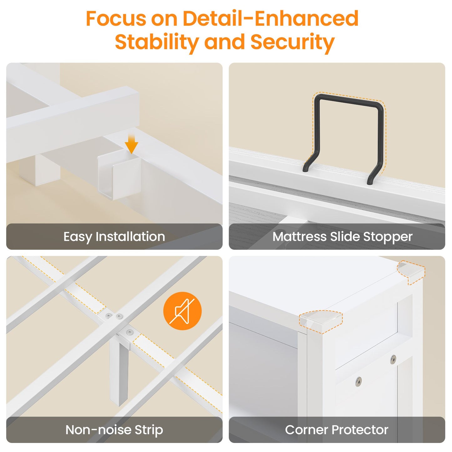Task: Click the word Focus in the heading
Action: click(x=116, y=18)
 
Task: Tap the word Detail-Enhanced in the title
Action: click(x=271, y=18)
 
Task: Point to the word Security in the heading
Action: click(x=292, y=42)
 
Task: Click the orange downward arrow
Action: click(x=131, y=144)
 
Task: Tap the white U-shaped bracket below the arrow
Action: click(x=119, y=175)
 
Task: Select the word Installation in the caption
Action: click(x=130, y=236)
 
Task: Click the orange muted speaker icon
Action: click(x=182, y=311)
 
